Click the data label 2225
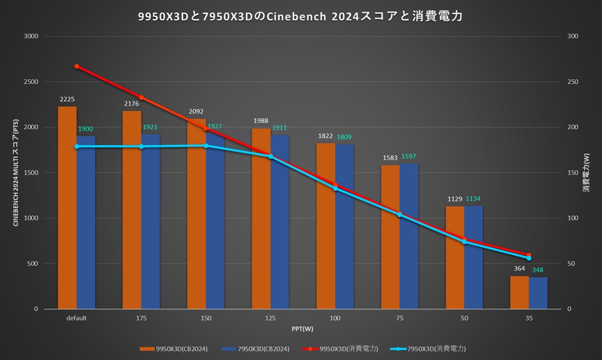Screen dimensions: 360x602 click(x=67, y=99)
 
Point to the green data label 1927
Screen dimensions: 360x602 click(x=214, y=126)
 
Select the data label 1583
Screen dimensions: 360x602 click(x=390, y=157)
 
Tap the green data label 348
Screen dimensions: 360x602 click(x=538, y=270)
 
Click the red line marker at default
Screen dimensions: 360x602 click(x=77, y=66)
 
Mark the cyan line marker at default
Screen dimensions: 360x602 click(x=77, y=146)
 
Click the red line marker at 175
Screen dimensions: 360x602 click(x=141, y=98)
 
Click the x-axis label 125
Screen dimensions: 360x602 click(x=270, y=318)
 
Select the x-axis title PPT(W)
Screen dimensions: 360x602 click(x=302, y=329)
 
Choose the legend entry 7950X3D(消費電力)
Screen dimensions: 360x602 click(x=433, y=349)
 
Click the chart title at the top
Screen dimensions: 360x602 click(x=300, y=16)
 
